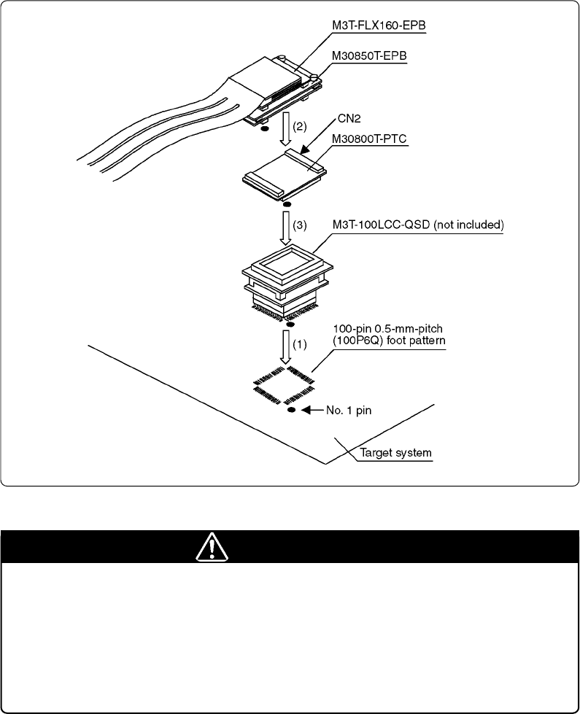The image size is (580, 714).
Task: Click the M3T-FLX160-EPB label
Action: click(x=379, y=26)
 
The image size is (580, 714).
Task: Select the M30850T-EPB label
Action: click(x=369, y=56)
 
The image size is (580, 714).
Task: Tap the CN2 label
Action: click(x=349, y=119)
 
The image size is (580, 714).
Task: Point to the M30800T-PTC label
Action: click(x=369, y=139)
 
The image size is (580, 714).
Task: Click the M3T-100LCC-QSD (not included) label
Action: click(x=418, y=225)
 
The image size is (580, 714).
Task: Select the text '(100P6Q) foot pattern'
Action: click(x=389, y=341)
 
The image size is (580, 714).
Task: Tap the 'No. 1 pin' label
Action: click(x=349, y=411)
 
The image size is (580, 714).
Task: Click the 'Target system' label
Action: click(x=395, y=453)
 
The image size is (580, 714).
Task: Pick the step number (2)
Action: click(x=299, y=126)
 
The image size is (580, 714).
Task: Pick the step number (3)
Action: click(x=299, y=225)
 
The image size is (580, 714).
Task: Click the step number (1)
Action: click(x=299, y=345)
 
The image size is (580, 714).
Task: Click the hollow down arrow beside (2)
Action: click(x=286, y=129)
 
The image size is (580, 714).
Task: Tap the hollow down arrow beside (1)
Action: click(x=286, y=347)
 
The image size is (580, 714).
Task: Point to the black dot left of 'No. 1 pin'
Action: click(x=292, y=410)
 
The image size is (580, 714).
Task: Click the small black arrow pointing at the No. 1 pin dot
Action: click(x=313, y=410)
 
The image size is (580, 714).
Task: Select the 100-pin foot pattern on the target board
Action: click(x=284, y=384)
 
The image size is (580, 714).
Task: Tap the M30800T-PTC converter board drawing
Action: click(x=285, y=175)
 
